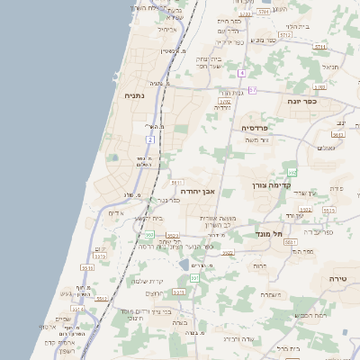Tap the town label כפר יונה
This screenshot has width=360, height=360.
coord(327,103)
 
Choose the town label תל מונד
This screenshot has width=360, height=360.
coord(269,233)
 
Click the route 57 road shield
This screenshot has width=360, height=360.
coord(253,90)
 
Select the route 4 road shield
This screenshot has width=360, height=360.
coord(242,72)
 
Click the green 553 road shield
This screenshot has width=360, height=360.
coord(147,235)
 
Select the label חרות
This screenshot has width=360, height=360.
coord(260,265)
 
